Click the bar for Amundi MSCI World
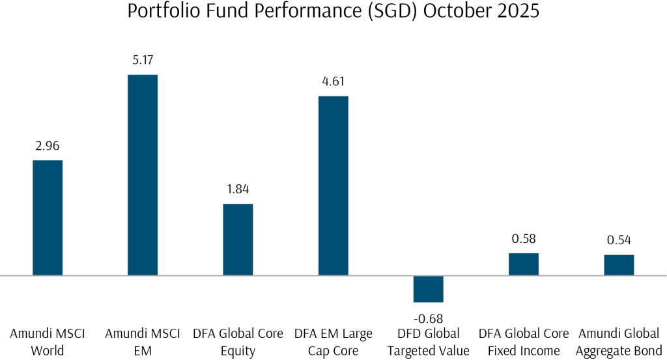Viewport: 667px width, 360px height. point(48,217)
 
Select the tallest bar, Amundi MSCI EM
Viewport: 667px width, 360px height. point(143,175)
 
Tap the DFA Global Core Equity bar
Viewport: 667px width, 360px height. point(238,240)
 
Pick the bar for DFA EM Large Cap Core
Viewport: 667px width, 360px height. point(333,186)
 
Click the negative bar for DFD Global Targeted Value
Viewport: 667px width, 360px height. point(429,288)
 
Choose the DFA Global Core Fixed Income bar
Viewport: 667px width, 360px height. point(524,264)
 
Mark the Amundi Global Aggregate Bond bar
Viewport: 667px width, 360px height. point(619,265)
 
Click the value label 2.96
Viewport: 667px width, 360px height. point(48,146)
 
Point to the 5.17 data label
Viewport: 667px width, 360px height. point(143,61)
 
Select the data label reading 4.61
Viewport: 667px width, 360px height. point(333,82)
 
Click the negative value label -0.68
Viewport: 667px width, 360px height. point(429,318)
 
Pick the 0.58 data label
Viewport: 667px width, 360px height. point(524,239)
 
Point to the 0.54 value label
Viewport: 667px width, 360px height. point(619,240)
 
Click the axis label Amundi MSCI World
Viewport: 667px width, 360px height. point(48,342)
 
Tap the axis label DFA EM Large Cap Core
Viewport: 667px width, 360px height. point(333,342)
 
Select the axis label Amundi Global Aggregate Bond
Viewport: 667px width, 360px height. point(619,342)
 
